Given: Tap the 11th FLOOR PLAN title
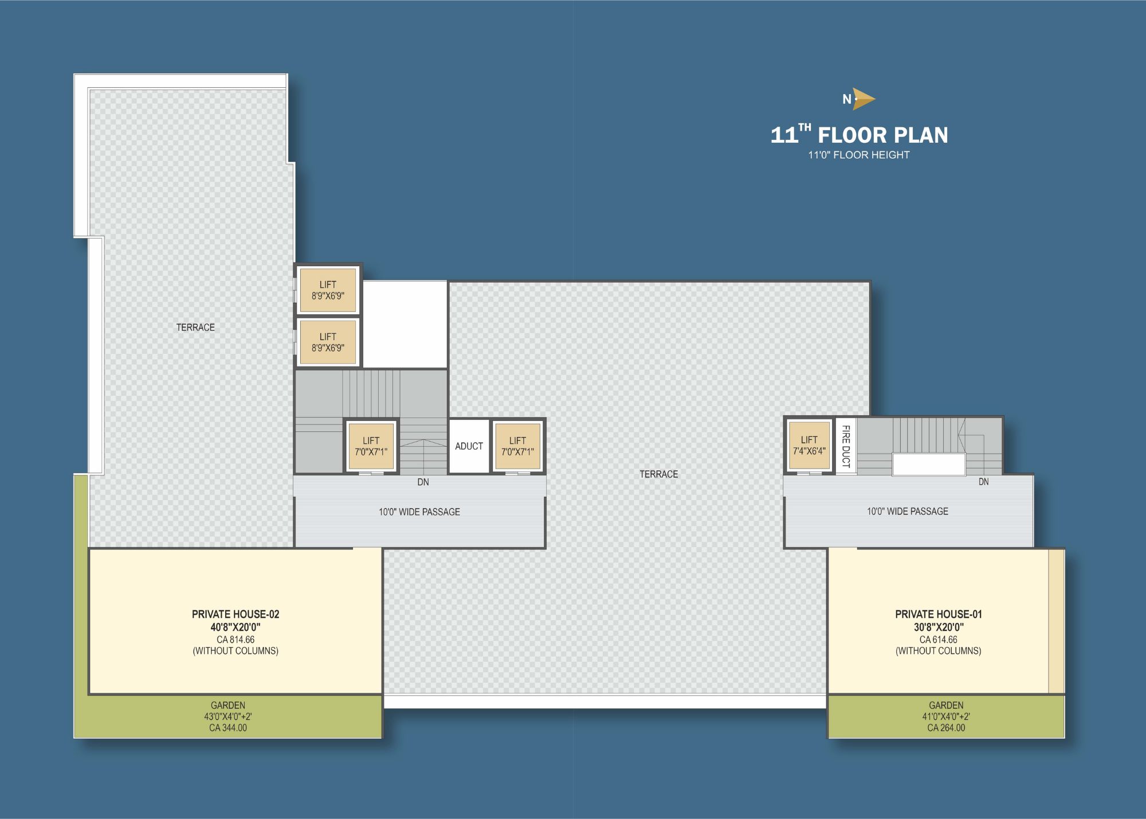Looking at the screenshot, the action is (x=859, y=135).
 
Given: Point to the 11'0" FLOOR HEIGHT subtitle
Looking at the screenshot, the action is (x=858, y=155).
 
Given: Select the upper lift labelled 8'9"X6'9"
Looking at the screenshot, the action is (x=328, y=290).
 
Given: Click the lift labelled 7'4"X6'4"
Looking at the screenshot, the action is (x=809, y=445).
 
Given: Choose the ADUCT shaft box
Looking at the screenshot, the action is (x=469, y=446).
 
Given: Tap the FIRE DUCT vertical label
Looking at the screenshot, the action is (x=846, y=446).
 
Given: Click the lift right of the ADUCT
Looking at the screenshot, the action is (x=517, y=446).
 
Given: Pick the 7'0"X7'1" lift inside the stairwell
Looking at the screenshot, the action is (x=371, y=446).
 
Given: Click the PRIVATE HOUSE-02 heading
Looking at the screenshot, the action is (x=236, y=614).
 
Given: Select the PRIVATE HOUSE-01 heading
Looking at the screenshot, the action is (x=939, y=614).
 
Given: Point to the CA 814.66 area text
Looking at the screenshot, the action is (x=236, y=639).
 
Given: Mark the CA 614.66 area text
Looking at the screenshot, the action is (x=939, y=639).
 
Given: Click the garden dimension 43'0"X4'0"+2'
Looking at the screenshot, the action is (x=228, y=716).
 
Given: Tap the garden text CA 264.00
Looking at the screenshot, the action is (x=946, y=728).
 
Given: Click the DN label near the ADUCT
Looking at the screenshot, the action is (x=423, y=482).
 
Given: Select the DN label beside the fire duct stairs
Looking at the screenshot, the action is (x=983, y=482).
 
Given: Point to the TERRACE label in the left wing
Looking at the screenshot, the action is (x=195, y=327).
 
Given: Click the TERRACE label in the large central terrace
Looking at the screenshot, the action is (x=658, y=474).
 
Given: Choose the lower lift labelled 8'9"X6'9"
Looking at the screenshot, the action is (x=328, y=342).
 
